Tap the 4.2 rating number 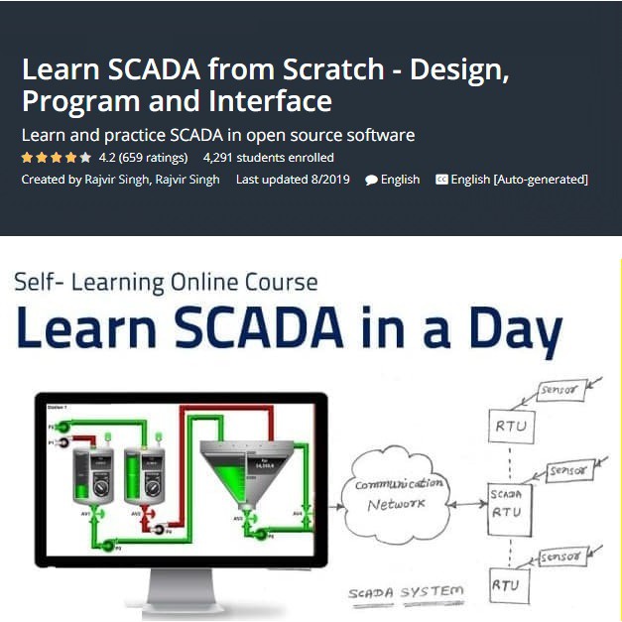click(x=107, y=158)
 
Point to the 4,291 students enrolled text click(x=268, y=158)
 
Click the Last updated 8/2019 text click(x=293, y=180)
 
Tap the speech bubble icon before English click(x=371, y=181)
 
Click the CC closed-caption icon click(x=441, y=180)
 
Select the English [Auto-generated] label click(x=519, y=180)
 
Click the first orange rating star click(x=27, y=158)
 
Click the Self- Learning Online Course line click(x=166, y=283)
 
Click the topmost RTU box click(x=510, y=428)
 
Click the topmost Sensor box click(x=560, y=391)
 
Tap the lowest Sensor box click(x=562, y=559)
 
